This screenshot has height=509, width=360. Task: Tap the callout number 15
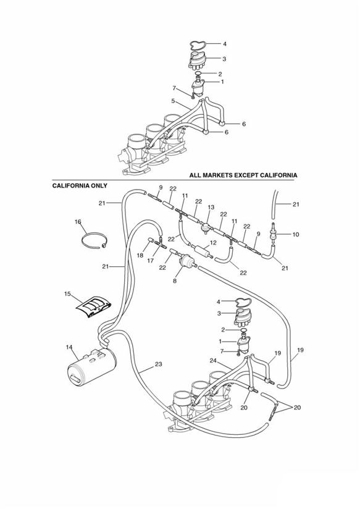(67, 294)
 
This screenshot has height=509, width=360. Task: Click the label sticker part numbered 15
(94, 306)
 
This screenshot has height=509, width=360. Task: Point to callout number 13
(211, 207)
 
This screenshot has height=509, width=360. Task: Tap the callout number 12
(213, 243)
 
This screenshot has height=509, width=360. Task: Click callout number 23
(158, 364)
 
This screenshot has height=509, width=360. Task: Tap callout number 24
(213, 361)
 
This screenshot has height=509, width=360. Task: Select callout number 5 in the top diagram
(173, 101)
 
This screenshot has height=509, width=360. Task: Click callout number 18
(140, 256)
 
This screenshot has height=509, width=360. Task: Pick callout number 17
(151, 260)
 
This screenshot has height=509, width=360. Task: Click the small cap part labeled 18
(151, 240)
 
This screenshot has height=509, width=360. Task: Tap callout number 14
(69, 347)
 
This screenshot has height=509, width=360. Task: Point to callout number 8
(175, 281)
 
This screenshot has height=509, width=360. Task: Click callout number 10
(296, 234)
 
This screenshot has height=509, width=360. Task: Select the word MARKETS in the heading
(218, 175)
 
